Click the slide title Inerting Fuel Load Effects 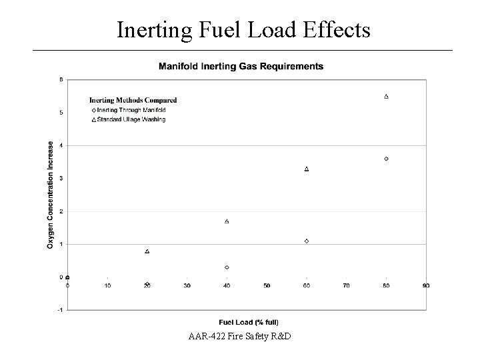click(243, 29)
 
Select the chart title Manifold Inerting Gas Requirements click(241, 66)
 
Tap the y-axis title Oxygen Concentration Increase click(51, 195)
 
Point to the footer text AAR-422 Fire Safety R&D click(239, 335)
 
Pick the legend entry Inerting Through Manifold click(131, 109)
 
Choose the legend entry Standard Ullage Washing click(131, 119)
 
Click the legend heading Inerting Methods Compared click(133, 100)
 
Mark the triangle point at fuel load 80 click(387, 96)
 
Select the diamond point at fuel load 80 click(387, 159)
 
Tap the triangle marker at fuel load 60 click(307, 169)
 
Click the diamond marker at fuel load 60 click(307, 241)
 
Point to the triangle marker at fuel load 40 click(227, 221)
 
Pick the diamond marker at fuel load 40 click(227, 267)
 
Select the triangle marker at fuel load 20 click(147, 251)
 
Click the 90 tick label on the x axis click(426, 286)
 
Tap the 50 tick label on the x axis click(267, 286)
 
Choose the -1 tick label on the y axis click(61, 310)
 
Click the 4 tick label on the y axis click(61, 145)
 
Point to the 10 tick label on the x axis click(107, 286)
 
